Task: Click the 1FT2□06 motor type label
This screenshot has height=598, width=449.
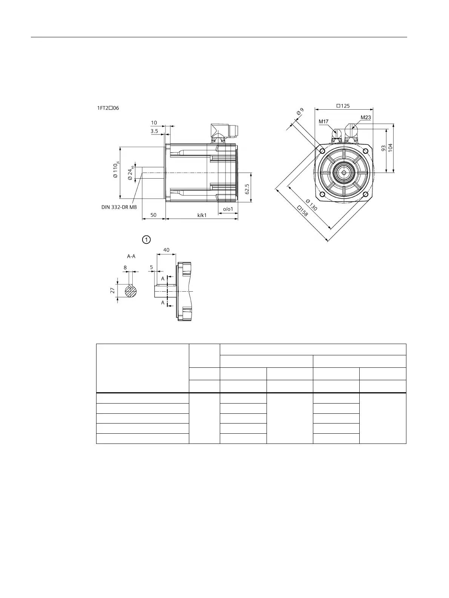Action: (108, 108)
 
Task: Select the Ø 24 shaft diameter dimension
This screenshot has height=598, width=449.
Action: (131, 173)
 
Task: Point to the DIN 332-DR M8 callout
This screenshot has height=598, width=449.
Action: (119, 207)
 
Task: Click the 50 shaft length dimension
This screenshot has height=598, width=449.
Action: (153, 215)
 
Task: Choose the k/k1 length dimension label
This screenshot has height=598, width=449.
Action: (202, 215)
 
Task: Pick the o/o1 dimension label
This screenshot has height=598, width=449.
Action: (228, 209)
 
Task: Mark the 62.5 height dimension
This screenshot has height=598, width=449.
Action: (247, 189)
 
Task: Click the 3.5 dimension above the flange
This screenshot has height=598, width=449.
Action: (154, 131)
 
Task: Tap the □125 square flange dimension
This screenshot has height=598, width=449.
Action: (343, 106)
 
